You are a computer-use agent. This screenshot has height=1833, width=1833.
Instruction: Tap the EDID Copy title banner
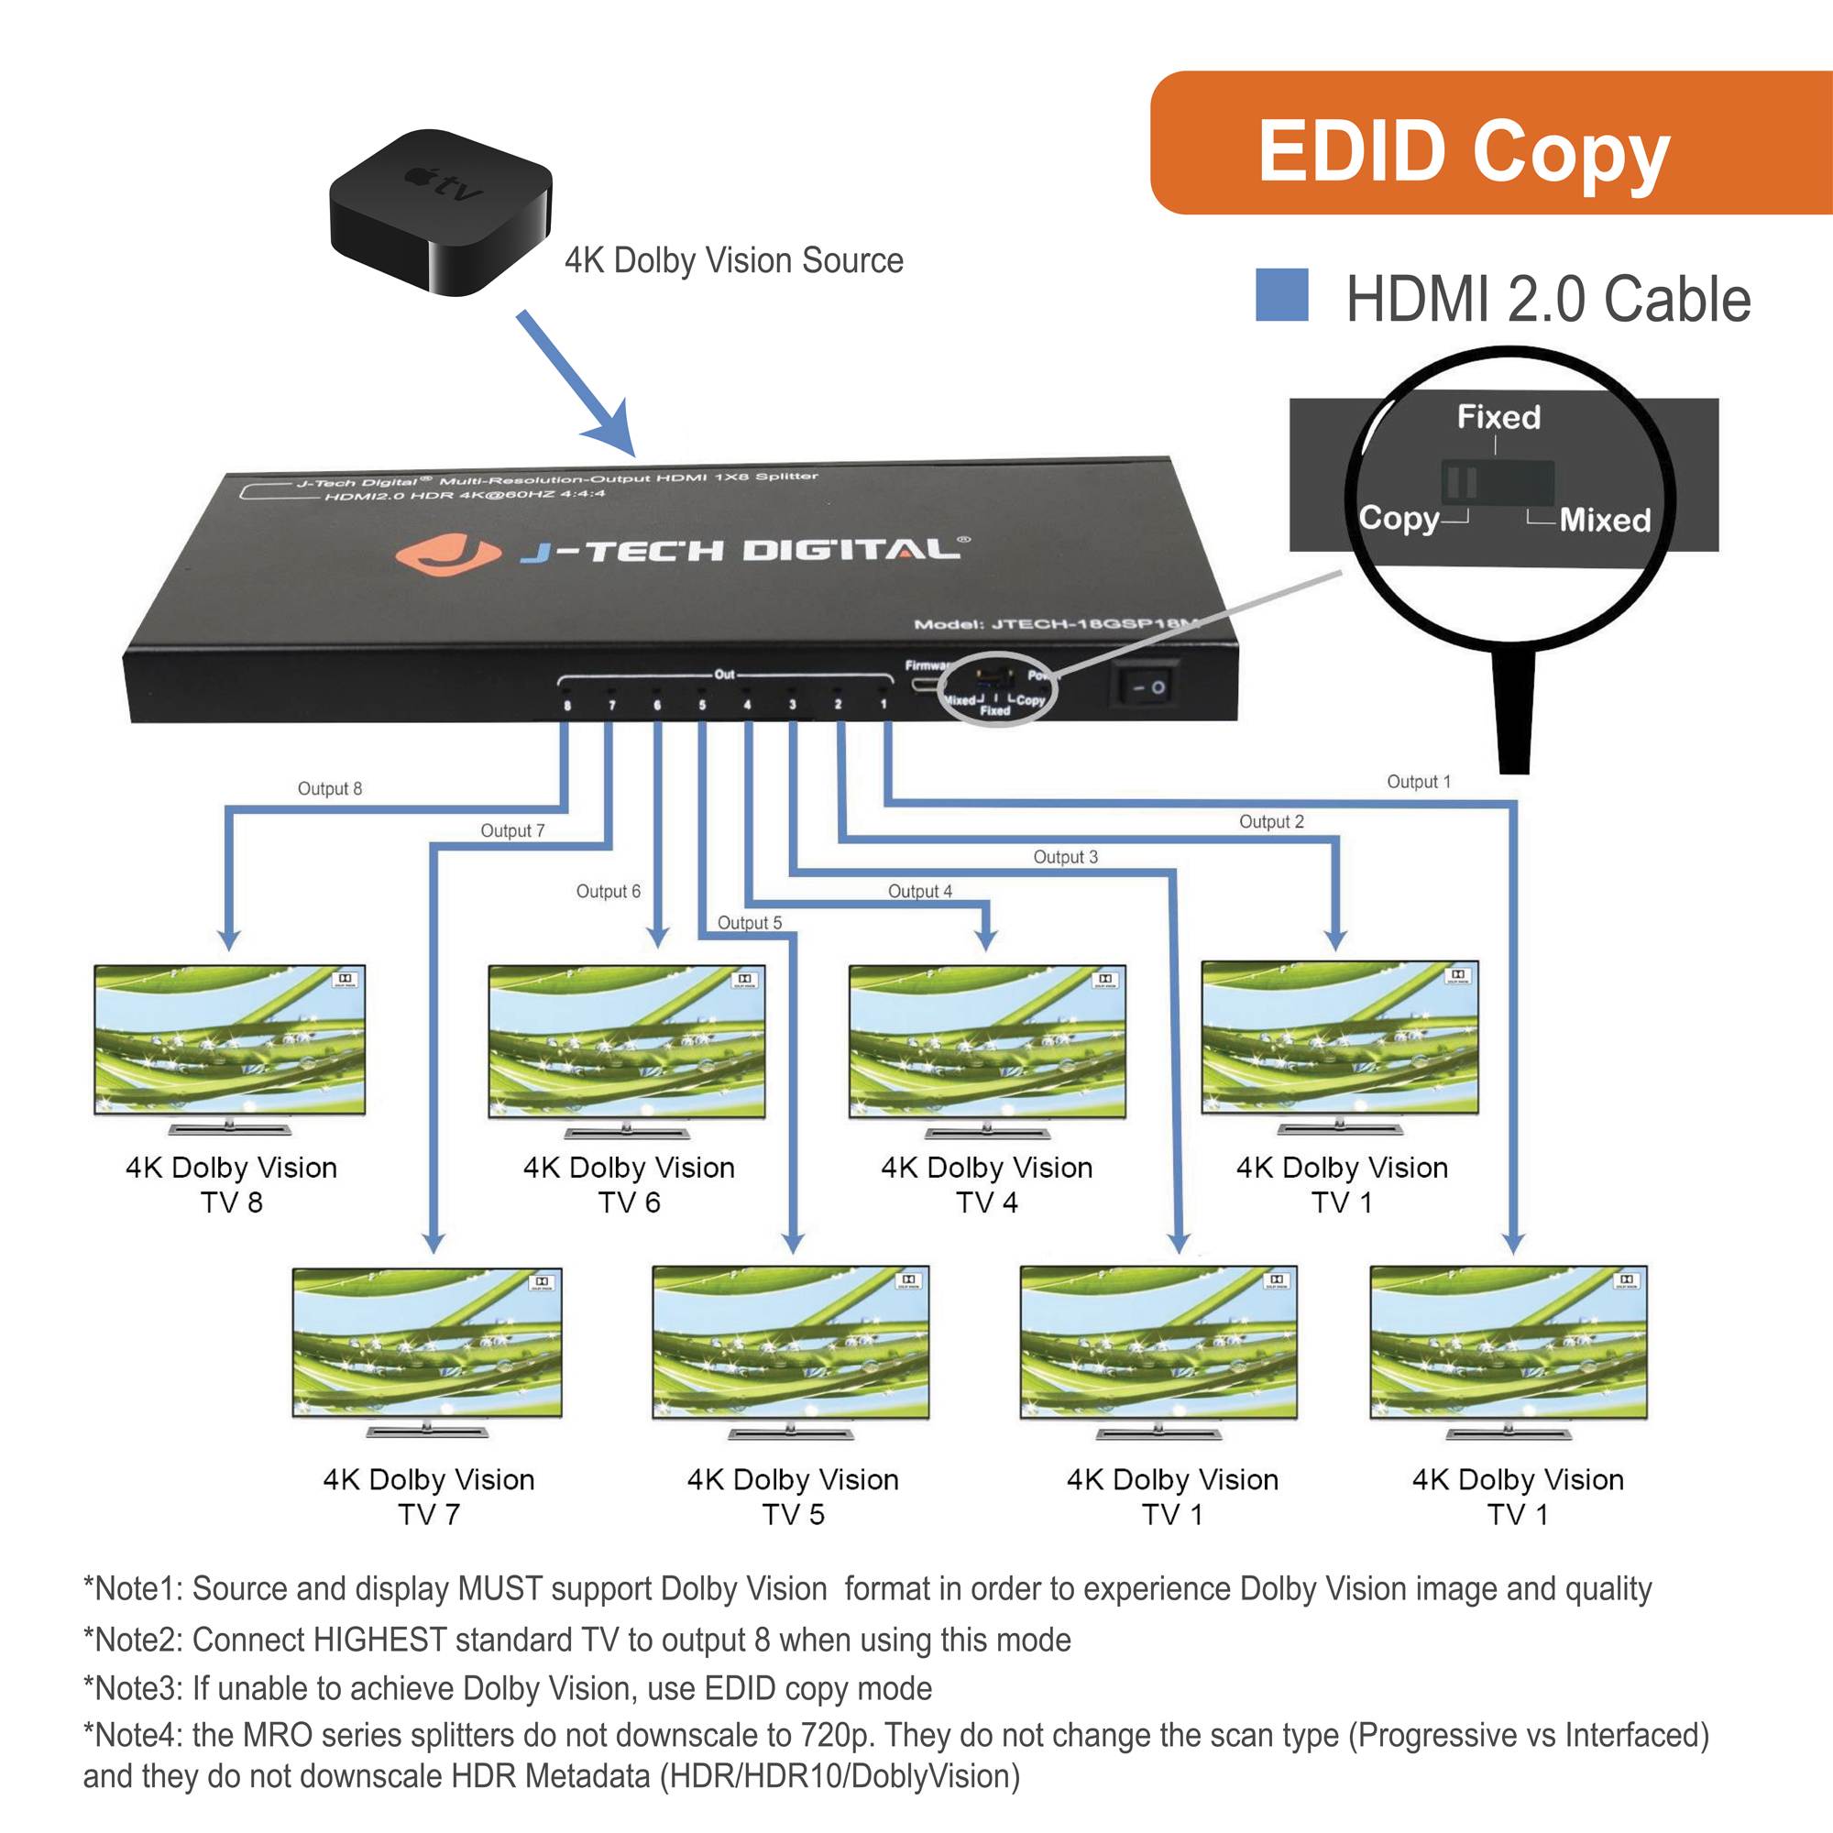click(1489, 144)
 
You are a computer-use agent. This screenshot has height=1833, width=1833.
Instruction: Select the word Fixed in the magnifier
click(1498, 416)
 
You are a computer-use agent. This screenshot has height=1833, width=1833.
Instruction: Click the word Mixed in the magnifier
click(1605, 520)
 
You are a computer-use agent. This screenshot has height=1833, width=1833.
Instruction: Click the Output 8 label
click(329, 788)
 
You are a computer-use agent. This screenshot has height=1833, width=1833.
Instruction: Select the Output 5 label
click(749, 922)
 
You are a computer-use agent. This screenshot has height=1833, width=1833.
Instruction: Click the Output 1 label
click(1419, 782)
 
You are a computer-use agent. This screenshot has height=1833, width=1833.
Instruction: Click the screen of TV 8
click(230, 1041)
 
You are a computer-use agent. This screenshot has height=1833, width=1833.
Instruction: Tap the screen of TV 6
click(626, 1041)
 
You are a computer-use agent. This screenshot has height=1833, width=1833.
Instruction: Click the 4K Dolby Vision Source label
click(733, 260)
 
